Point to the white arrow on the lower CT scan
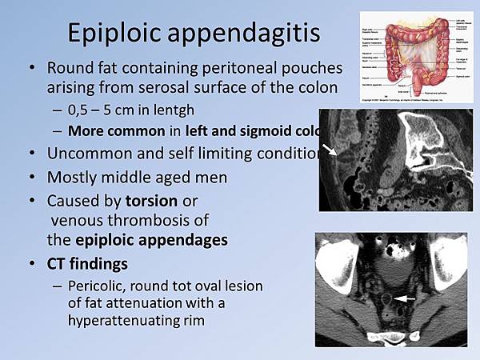point(406,298)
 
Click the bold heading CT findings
point(87,263)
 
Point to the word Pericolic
point(99,286)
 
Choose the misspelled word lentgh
point(175,110)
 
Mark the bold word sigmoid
point(276,130)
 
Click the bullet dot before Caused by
point(31,200)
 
